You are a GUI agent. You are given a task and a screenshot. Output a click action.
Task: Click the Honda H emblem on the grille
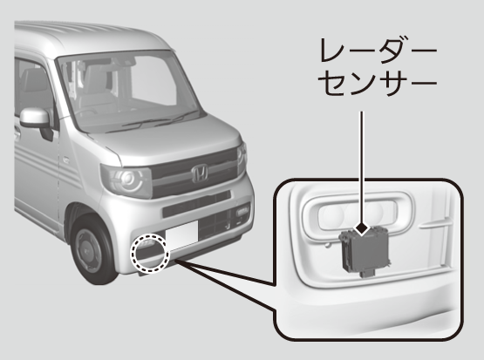(x=200, y=173)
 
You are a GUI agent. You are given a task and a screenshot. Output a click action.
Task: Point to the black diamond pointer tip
(x=362, y=229)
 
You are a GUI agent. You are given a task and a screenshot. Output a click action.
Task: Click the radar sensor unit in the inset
(x=365, y=251)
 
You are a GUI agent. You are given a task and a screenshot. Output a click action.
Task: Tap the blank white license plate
(x=181, y=235)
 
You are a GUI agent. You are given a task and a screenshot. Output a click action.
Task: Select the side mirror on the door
(x=37, y=119)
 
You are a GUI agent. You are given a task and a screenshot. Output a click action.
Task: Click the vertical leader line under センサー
(x=362, y=166)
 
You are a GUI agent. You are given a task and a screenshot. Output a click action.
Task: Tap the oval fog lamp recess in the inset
(x=358, y=214)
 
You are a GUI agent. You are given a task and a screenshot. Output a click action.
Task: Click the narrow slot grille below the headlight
(x=196, y=204)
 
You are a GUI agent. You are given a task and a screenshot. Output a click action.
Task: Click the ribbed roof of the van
(x=90, y=35)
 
